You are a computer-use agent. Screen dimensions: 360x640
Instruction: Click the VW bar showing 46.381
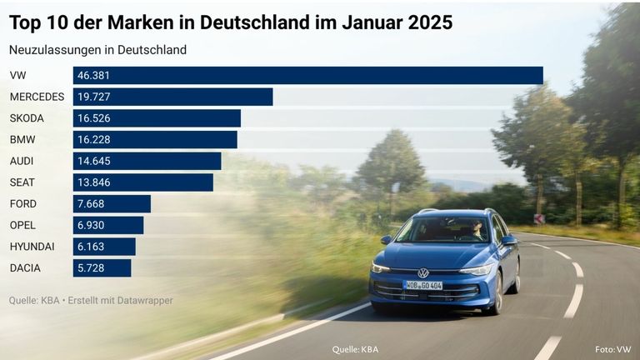tap(307, 76)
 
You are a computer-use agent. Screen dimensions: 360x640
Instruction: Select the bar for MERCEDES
tap(172, 97)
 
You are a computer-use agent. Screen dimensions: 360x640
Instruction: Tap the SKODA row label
tap(27, 118)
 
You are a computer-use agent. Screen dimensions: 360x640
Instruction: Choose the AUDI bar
tap(147, 161)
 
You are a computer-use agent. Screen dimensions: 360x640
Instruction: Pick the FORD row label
tap(23, 204)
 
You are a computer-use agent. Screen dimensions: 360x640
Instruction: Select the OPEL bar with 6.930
tap(108, 226)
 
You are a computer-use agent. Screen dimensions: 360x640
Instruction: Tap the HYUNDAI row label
tap(32, 247)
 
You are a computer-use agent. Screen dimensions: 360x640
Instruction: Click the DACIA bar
tap(102, 268)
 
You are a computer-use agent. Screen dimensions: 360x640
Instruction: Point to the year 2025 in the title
tap(430, 22)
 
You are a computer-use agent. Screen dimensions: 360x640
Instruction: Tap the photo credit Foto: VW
tap(612, 349)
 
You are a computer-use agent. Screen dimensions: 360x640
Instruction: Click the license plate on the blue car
tap(422, 285)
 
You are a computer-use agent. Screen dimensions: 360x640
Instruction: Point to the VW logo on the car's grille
tap(423, 272)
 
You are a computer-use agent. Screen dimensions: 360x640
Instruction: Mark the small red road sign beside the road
tap(539, 218)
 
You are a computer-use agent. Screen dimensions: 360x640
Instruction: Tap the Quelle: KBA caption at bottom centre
tap(355, 349)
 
